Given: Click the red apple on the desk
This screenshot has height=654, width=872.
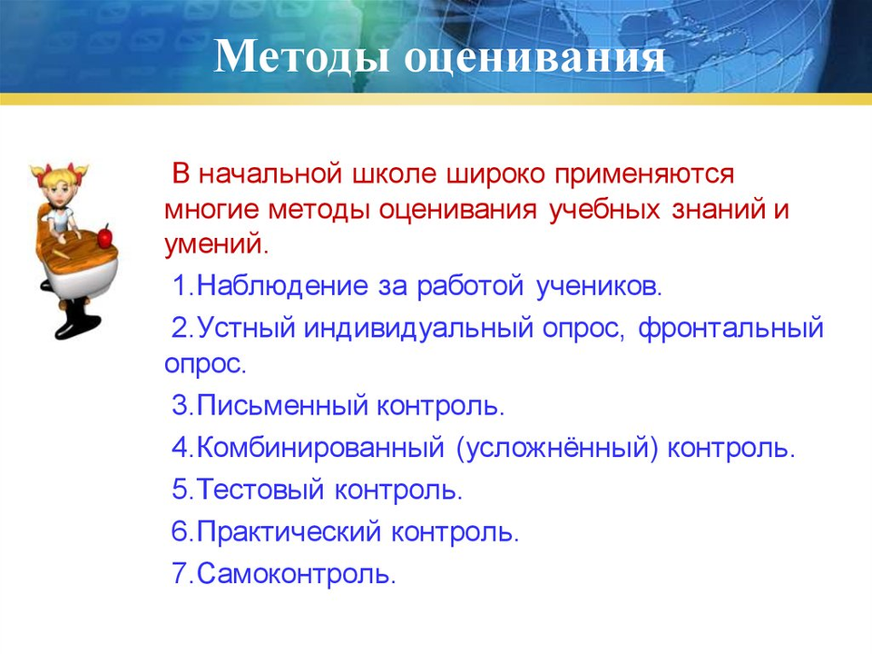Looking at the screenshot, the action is tap(104, 236).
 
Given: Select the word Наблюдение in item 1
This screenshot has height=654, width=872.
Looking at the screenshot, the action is tap(282, 286).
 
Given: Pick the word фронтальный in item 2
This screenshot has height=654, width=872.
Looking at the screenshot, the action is tap(730, 328).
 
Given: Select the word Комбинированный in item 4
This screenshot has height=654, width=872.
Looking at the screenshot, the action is tap(321, 447).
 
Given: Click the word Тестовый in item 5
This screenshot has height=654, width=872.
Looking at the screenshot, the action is tap(260, 490).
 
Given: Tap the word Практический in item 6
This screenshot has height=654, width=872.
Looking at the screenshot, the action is tap(289, 531).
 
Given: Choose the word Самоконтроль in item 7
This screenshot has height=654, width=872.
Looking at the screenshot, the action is tap(296, 573).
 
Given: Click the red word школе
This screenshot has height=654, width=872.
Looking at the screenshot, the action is tap(395, 174).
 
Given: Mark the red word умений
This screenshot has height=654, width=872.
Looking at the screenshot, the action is tap(216, 245).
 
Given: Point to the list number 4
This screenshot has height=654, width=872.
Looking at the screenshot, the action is tap(181, 448).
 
